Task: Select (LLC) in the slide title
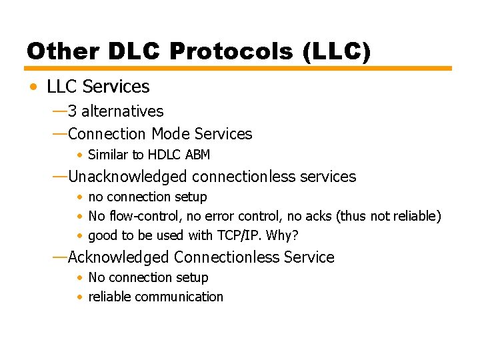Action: click(336, 51)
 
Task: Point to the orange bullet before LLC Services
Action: click(33, 87)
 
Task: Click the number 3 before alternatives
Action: click(72, 111)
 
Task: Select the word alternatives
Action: click(122, 111)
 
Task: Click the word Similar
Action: click(107, 155)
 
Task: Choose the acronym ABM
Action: click(198, 155)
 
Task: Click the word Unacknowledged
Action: click(127, 177)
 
